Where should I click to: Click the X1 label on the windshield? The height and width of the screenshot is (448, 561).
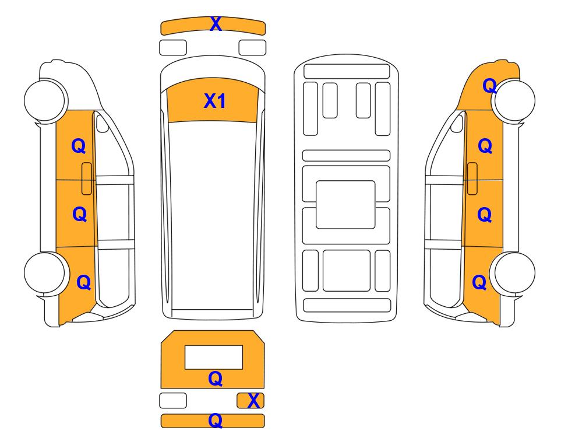coord(214,101)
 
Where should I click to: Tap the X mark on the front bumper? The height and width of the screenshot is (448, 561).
coord(216,24)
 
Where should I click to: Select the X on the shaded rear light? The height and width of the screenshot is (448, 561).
coord(253,400)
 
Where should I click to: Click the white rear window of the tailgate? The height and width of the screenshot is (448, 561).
coord(214,357)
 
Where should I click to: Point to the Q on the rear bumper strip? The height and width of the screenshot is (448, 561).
coord(216,421)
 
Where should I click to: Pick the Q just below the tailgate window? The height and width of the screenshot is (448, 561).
coord(216,379)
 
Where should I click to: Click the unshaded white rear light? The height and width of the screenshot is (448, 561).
coord(173,400)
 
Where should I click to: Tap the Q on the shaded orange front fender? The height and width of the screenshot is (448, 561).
coord(490,86)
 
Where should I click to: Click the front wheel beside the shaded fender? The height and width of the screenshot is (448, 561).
coord(514,101)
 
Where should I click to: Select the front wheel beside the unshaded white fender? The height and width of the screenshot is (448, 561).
coord(45,100)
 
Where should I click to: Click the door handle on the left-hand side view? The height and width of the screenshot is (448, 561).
coord(87,178)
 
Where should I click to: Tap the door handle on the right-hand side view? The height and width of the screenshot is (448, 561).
coord(472,178)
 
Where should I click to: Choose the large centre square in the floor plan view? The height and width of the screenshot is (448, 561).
coord(345,205)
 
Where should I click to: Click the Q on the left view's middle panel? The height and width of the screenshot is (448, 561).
coord(79,214)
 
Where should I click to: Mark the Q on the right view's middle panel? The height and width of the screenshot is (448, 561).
coord(485,214)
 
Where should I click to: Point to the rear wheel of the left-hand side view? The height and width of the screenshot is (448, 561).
coord(45,273)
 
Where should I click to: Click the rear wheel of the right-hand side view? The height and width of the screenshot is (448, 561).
coord(514,273)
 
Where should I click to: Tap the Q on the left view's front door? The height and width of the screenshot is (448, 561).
coord(79,146)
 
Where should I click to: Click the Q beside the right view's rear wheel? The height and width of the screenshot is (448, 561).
coord(479,282)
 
